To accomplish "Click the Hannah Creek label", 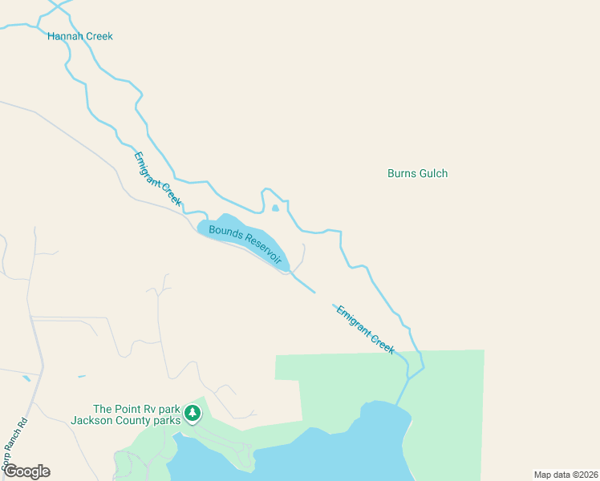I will (x=80, y=36).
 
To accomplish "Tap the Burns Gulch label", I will (x=417, y=173).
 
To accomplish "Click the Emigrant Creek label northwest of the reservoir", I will (x=157, y=178).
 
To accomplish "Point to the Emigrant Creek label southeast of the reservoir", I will (x=365, y=329).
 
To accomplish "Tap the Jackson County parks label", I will (x=125, y=419).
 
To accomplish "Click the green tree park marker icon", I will (x=193, y=413).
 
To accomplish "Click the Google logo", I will (x=26, y=471).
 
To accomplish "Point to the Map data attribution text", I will (x=566, y=475).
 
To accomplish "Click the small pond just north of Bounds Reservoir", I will (x=275, y=208).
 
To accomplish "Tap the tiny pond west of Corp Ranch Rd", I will (x=26, y=378).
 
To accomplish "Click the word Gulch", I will (x=433, y=173).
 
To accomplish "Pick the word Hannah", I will (x=63, y=36).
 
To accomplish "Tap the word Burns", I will (x=401, y=173).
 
